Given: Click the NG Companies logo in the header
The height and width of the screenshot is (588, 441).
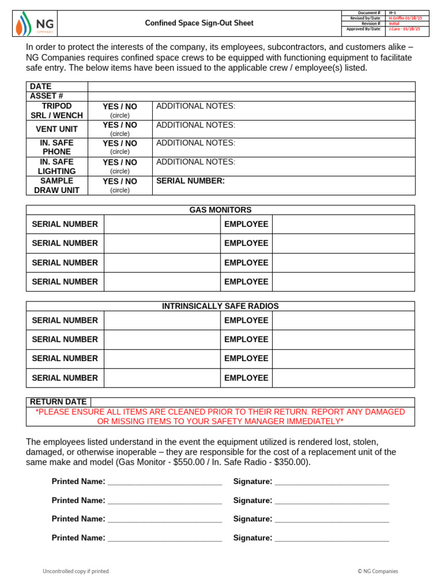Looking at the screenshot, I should pos(34,24).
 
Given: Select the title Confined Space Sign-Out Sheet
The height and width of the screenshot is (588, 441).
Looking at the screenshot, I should pos(199,24).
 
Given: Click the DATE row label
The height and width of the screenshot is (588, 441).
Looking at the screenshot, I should pos(41,86).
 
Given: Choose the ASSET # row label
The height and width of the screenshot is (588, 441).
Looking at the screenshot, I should pos(46,96).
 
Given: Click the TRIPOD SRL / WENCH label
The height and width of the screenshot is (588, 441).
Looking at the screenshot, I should pos(57,111).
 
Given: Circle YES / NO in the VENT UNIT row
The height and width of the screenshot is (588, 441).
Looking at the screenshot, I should pos(119,125).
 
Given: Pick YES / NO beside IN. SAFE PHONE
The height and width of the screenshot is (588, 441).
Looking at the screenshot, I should pos(119,144).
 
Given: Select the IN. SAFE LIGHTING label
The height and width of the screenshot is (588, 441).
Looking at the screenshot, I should pos(57,167).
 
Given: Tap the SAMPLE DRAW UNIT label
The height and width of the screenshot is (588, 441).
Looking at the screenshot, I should pos(57,185).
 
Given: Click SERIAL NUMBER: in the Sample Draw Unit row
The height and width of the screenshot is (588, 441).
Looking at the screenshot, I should pos(190,181).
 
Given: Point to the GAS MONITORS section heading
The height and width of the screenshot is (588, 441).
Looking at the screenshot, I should pos(220,210).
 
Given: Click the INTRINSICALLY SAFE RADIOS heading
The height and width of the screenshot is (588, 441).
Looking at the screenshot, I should pos(220,306).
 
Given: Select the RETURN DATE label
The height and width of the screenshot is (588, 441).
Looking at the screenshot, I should pos(58,402).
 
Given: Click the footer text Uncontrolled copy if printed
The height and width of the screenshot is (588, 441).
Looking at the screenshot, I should pos(76,571).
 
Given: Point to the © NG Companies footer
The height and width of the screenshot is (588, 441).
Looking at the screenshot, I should pos(377,571).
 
